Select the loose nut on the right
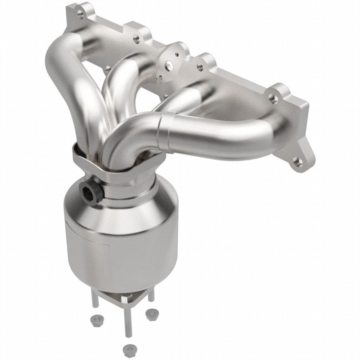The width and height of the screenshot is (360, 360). (x=152, y=314)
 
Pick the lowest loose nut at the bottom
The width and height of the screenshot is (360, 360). (x=129, y=350)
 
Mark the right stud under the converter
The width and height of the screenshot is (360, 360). (x=151, y=297)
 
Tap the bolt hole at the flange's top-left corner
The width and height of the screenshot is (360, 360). (x=81, y=14)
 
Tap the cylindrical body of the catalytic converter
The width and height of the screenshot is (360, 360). (x=120, y=253)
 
